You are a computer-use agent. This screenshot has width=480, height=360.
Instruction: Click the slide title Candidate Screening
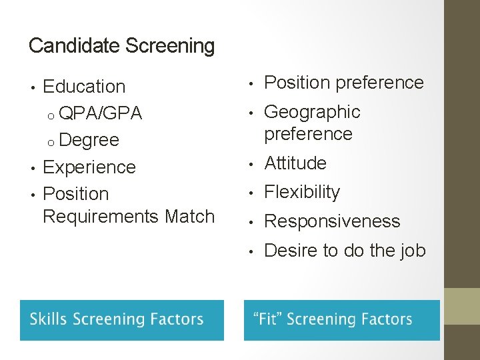pyautogui.click(x=122, y=46)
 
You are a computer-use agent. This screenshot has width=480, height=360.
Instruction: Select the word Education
pyautogui.click(x=84, y=87)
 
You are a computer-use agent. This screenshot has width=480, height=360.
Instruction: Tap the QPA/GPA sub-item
pyautogui.click(x=100, y=113)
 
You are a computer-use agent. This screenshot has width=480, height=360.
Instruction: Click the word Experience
pyautogui.click(x=89, y=167)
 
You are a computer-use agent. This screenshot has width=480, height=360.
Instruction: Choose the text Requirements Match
pyautogui.click(x=129, y=216)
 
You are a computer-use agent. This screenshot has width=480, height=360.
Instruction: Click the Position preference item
pyautogui.click(x=344, y=83)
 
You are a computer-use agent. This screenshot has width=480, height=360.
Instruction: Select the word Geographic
pyautogui.click(x=312, y=111)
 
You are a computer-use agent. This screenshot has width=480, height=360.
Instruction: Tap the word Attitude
pyautogui.click(x=295, y=163)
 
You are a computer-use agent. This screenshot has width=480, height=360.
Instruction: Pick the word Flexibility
pyautogui.click(x=302, y=192)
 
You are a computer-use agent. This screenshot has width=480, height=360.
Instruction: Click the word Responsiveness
pyautogui.click(x=332, y=221)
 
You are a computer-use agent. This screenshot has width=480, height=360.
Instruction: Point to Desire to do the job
pyautogui.click(x=345, y=251)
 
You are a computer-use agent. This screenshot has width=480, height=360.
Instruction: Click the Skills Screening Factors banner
pyautogui.click(x=122, y=320)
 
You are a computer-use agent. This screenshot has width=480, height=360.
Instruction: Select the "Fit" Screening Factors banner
pyautogui.click(x=341, y=320)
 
